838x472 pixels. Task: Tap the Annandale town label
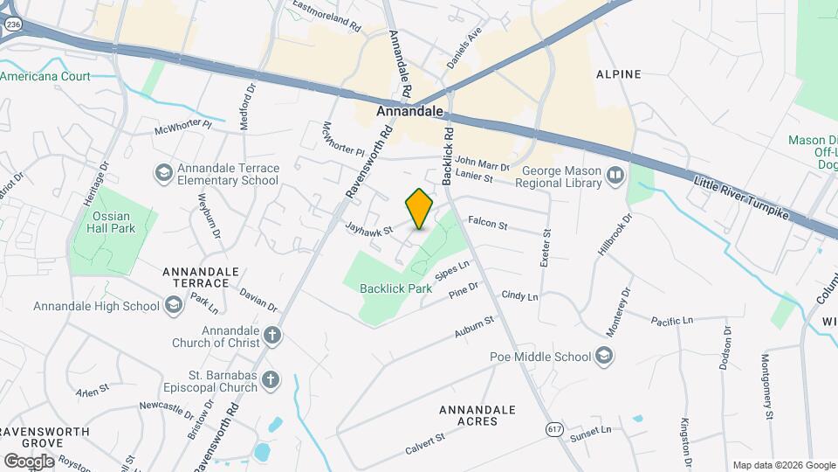pyautogui.click(x=411, y=112)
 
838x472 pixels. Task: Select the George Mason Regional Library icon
pyautogui.click(x=615, y=177)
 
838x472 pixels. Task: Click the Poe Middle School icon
pyautogui.click(x=603, y=356)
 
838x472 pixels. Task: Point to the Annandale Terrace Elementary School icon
pyautogui.click(x=163, y=173)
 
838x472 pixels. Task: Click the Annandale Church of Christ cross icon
pyautogui.click(x=272, y=336)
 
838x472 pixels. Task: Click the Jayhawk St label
pyautogui.click(x=370, y=230)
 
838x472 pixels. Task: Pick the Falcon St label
pyautogui.click(x=487, y=224)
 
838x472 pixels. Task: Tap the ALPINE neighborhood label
pyautogui.click(x=618, y=74)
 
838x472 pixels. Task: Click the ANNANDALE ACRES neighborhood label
pyautogui.click(x=477, y=415)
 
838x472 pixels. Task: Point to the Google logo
pyautogui.click(x=30, y=461)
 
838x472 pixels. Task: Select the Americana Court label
pyautogui.click(x=45, y=77)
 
